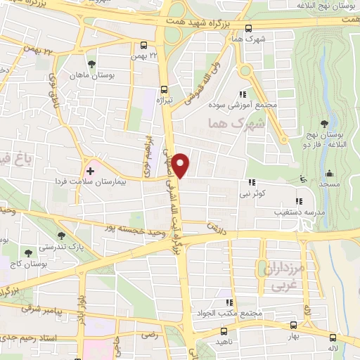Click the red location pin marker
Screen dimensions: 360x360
pyautogui.click(x=182, y=165)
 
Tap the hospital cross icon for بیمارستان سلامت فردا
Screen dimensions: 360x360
pyautogui.click(x=90, y=171)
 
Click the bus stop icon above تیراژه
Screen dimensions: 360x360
pyautogui.click(x=164, y=89)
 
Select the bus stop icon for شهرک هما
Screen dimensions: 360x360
pyautogui.click(x=247, y=28)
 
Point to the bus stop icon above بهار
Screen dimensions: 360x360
pyautogui.click(x=292, y=324)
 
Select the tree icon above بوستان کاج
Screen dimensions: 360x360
pyautogui.click(x=28, y=251)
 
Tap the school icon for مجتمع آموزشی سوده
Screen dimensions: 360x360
pyautogui.click(x=243, y=94)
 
